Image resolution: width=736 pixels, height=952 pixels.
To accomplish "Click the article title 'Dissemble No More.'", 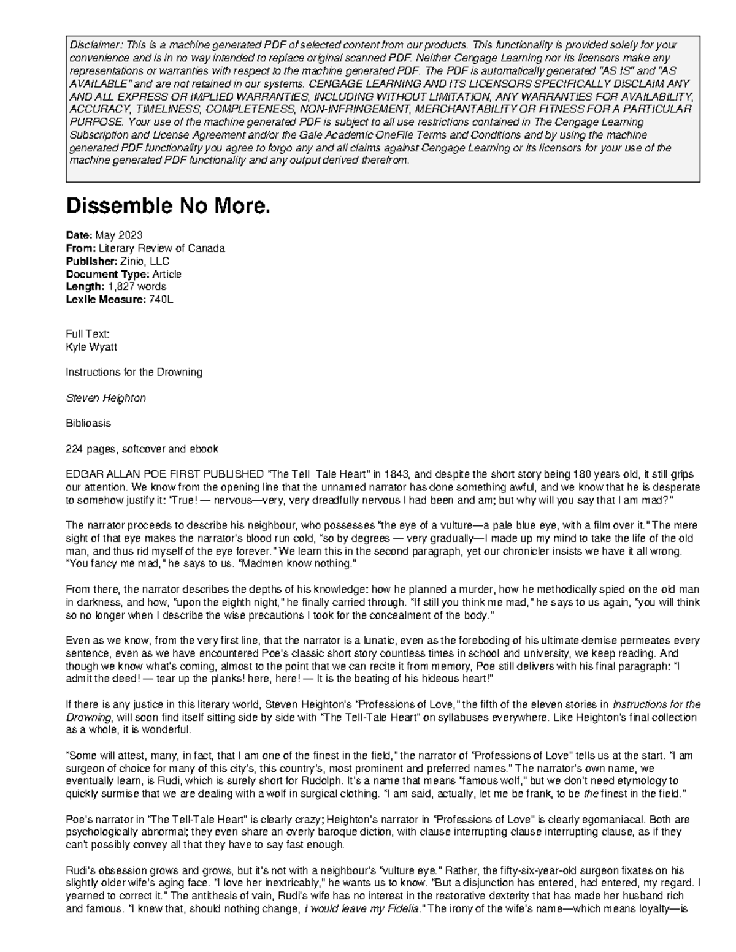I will tap(167, 207).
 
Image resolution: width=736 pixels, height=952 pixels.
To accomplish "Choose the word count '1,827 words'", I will tap(137, 286).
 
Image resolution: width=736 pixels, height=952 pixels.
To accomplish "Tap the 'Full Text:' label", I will tap(88, 334).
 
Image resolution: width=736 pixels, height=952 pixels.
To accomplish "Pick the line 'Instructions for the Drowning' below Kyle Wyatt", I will tap(134, 372).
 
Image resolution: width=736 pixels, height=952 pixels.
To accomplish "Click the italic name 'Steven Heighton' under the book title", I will tap(105, 398).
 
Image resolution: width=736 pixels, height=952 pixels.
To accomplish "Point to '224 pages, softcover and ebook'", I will tap(142, 449).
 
